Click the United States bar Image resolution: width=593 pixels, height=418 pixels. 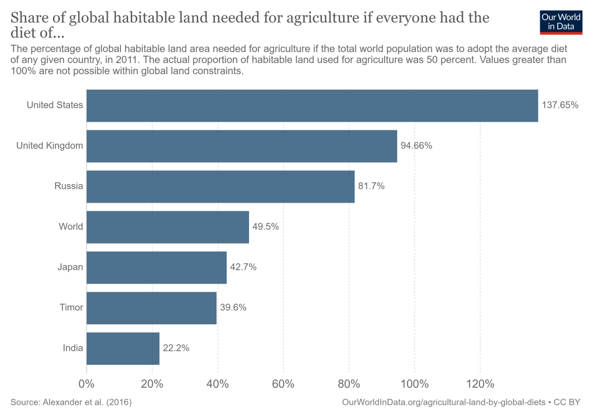pos(312,105)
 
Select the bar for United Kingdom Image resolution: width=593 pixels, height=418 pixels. pos(241,146)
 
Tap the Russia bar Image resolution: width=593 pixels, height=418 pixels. pos(220,186)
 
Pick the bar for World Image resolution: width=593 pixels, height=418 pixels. pos(167,227)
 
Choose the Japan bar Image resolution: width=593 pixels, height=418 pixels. pos(156,267)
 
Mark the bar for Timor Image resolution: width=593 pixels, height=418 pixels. pos(151,308)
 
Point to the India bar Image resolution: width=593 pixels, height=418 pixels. pos(123,349)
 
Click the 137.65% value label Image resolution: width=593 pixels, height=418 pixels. pos(560,105)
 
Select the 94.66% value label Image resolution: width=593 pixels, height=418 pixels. pos(416,146)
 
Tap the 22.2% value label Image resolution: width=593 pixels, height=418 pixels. pos(175,349)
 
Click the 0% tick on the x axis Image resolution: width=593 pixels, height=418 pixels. pos(86,384)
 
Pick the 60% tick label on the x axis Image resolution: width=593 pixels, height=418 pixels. pos(283,384)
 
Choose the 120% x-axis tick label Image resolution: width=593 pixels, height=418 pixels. pos(480,384)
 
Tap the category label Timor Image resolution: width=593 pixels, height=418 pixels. pos(71,308)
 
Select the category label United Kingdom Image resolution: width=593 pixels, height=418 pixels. pos(50,146)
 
